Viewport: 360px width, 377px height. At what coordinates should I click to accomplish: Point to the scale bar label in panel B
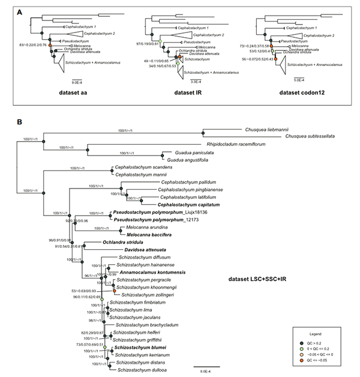(206, 371)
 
